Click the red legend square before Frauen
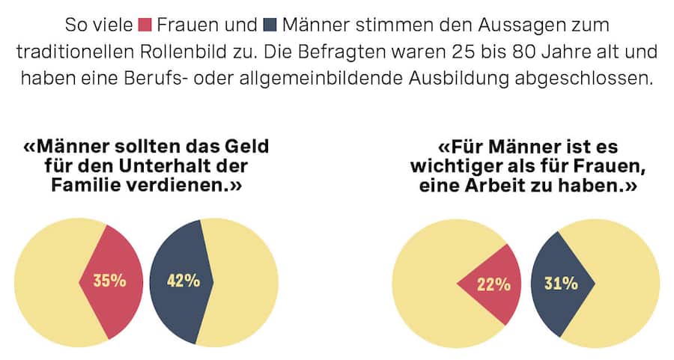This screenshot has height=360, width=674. point(145,24)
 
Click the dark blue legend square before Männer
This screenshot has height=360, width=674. point(270,24)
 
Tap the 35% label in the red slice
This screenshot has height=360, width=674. point(109,281)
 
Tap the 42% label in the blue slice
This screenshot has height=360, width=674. point(183,281)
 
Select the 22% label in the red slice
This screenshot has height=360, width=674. point(494,284)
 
